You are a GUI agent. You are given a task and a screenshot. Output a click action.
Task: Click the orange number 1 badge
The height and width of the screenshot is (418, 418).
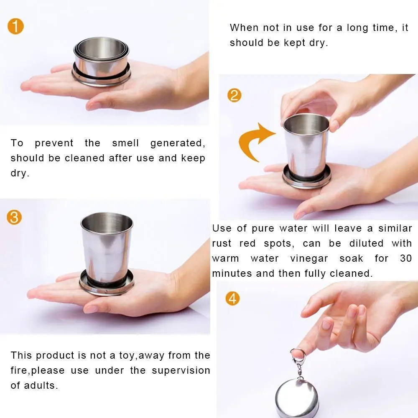pyautogui.click(x=16, y=26)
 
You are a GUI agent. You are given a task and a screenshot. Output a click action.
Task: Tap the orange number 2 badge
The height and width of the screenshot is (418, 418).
pyautogui.click(x=234, y=95)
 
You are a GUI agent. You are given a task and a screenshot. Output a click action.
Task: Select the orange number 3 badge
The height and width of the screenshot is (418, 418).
pyautogui.click(x=14, y=217)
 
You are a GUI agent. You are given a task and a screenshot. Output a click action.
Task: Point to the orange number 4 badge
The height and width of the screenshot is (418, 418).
pyautogui.click(x=232, y=298)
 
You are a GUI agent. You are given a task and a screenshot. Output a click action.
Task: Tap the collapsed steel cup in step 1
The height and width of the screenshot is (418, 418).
pyautogui.click(x=101, y=62)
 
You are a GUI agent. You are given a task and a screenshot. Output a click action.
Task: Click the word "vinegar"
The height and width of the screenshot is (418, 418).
pyautogui.click(x=309, y=259)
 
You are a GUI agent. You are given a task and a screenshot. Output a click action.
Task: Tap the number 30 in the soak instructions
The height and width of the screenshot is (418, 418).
pyautogui.click(x=406, y=258)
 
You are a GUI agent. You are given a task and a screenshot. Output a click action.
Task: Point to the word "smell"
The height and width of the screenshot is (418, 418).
pyautogui.click(x=125, y=143)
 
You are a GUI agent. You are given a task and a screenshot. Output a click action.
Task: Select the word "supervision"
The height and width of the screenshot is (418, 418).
pyautogui.click(x=181, y=370)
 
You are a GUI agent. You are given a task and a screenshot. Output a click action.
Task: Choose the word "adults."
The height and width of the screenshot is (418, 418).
pyautogui.click(x=41, y=385)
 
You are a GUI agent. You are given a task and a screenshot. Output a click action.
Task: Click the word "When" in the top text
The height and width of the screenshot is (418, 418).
pyautogui.click(x=244, y=28)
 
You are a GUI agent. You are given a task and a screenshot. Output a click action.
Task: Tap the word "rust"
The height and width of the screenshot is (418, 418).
pyautogui.click(x=222, y=243)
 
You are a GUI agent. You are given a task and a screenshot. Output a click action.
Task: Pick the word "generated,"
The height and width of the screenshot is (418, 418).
pyautogui.click(x=178, y=143)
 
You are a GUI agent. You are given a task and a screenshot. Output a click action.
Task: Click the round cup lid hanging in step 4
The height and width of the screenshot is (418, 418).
pyautogui.click(x=297, y=399)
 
